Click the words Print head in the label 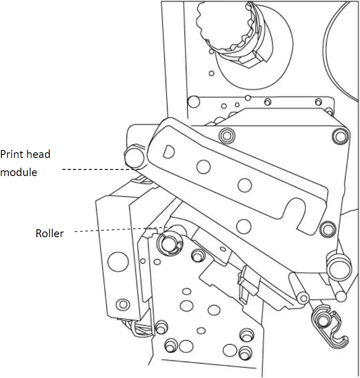point(25,154)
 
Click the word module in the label point(18,172)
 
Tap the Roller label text point(49,233)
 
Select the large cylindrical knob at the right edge point(339,266)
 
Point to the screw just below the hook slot point(326,228)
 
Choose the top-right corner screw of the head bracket point(339,134)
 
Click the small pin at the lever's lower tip point(302,298)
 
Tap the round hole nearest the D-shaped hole point(203,166)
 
